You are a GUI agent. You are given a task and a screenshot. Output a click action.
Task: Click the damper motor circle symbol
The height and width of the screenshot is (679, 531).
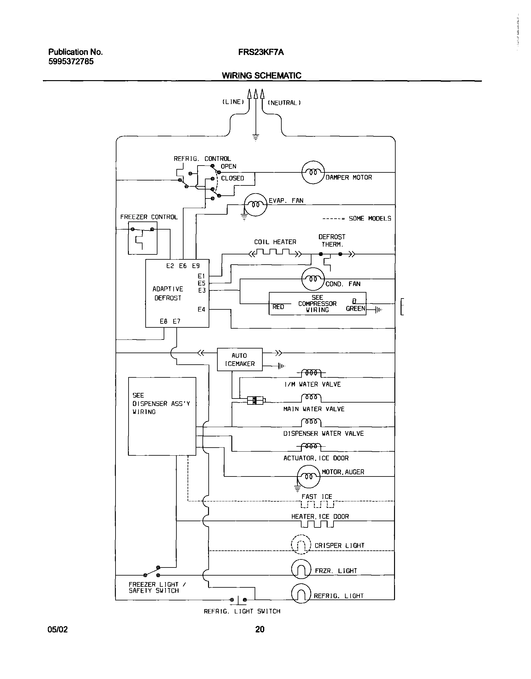coord(313,172)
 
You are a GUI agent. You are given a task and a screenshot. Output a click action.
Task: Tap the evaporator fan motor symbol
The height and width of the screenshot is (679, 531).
coord(256,204)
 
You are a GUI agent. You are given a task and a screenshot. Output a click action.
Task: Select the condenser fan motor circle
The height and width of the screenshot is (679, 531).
coord(313,279)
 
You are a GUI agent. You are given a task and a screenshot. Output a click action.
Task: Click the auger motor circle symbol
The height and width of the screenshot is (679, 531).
coord(308,476)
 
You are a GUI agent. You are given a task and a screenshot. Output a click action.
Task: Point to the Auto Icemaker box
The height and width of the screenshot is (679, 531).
coord(240,359)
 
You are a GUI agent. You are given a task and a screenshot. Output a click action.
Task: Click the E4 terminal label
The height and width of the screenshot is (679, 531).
coord(202,309)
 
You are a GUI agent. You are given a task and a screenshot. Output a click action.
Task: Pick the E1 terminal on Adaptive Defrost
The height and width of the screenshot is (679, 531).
coord(202,276)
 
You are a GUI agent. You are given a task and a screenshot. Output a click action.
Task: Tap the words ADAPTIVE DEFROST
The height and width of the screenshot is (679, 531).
coord(168,293)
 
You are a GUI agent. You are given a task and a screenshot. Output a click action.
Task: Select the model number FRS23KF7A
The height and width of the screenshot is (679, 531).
coord(261,52)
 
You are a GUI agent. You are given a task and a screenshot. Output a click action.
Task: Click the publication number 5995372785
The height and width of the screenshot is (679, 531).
coord(71,62)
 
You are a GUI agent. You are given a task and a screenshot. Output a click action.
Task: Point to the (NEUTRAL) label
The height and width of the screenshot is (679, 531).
coord(284,103)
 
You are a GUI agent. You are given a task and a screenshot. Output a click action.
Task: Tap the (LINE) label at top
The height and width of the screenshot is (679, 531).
coord(233,102)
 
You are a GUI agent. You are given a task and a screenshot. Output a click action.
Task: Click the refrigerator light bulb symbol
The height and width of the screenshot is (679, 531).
coord(301,594)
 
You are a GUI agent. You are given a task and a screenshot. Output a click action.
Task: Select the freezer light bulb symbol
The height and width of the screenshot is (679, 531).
coord(301,569)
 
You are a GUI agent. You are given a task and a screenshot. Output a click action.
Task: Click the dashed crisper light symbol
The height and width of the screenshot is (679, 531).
coord(301,545)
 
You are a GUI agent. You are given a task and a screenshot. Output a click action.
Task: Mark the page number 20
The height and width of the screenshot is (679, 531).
coord(260,629)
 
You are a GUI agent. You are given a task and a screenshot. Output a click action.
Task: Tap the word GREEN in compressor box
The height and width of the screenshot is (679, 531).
coord(355,308)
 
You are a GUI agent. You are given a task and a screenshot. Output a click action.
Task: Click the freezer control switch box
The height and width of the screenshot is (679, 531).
coord(143,238)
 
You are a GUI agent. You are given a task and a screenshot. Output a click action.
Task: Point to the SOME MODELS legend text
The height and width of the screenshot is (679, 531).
coord(370,219)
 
